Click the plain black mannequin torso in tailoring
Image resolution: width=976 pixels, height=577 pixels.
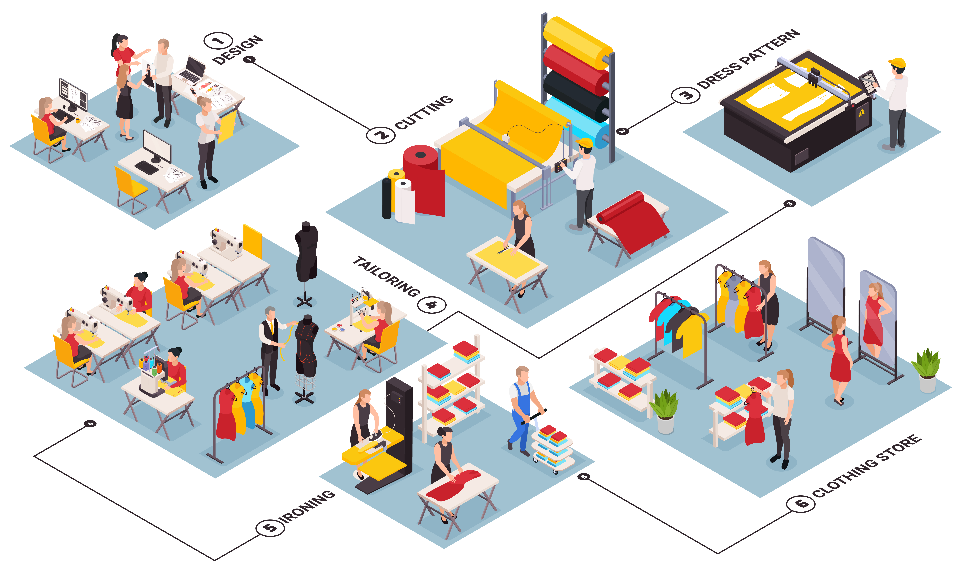[x=307, y=251]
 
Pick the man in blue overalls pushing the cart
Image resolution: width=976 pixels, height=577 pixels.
[x=522, y=408]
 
